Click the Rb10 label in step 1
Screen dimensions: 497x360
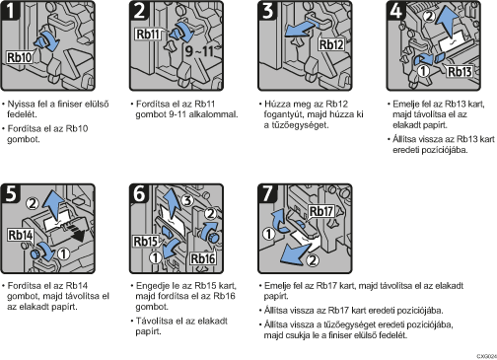pyautogui.click(x=20, y=57)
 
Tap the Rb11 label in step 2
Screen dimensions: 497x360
pyautogui.click(x=148, y=34)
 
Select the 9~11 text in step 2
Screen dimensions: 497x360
pyautogui.click(x=199, y=51)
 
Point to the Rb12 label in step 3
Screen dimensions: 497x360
pyautogui.click(x=331, y=44)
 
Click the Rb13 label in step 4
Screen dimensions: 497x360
pyautogui.click(x=460, y=71)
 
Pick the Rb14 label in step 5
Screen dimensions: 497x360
pyautogui.click(x=21, y=235)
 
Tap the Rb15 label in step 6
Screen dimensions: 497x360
pyautogui.click(x=146, y=242)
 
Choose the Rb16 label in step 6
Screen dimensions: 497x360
pyautogui.click(x=203, y=258)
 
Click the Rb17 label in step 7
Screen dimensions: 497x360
pyautogui.click(x=321, y=211)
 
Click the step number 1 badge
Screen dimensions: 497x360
pyautogui.click(x=11, y=11)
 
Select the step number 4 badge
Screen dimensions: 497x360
pyautogui.click(x=396, y=11)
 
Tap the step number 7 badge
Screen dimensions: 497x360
pyautogui.click(x=267, y=193)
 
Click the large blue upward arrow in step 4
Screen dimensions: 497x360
pyautogui.click(x=449, y=23)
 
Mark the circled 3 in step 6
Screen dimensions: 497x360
pyautogui.click(x=187, y=200)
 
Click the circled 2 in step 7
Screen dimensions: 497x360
pyautogui.click(x=313, y=260)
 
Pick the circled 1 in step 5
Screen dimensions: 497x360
pyautogui.click(x=63, y=253)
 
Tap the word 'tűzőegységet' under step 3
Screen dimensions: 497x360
pyautogui.click(x=296, y=125)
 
